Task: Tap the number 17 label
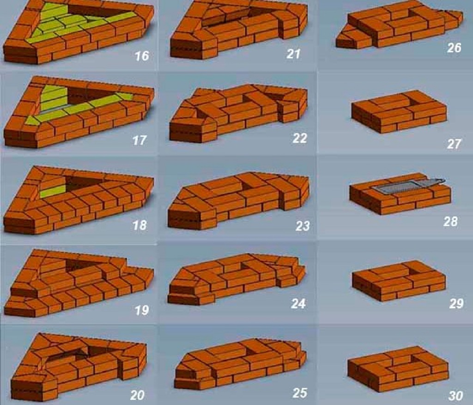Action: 139,140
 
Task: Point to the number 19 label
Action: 142,310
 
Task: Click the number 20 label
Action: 137,395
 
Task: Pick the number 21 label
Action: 293,54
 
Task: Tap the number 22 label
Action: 299,138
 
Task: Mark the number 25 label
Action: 299,393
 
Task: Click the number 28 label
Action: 450,221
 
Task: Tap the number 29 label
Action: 456,304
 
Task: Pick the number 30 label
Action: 455,396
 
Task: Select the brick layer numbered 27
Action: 398,111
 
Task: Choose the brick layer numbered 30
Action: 397,368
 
